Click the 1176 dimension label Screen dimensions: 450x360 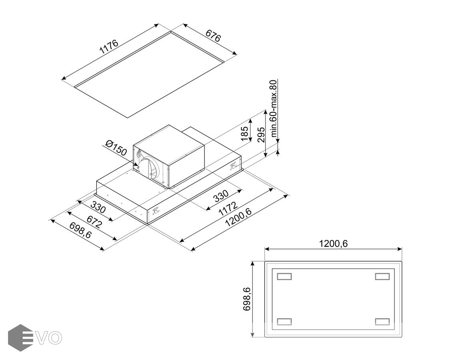(x=109, y=47)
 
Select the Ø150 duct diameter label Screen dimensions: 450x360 (x=116, y=148)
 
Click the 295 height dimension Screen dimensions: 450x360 (x=261, y=134)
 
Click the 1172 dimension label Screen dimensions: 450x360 (x=228, y=208)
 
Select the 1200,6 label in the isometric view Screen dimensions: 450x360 (x=238, y=218)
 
